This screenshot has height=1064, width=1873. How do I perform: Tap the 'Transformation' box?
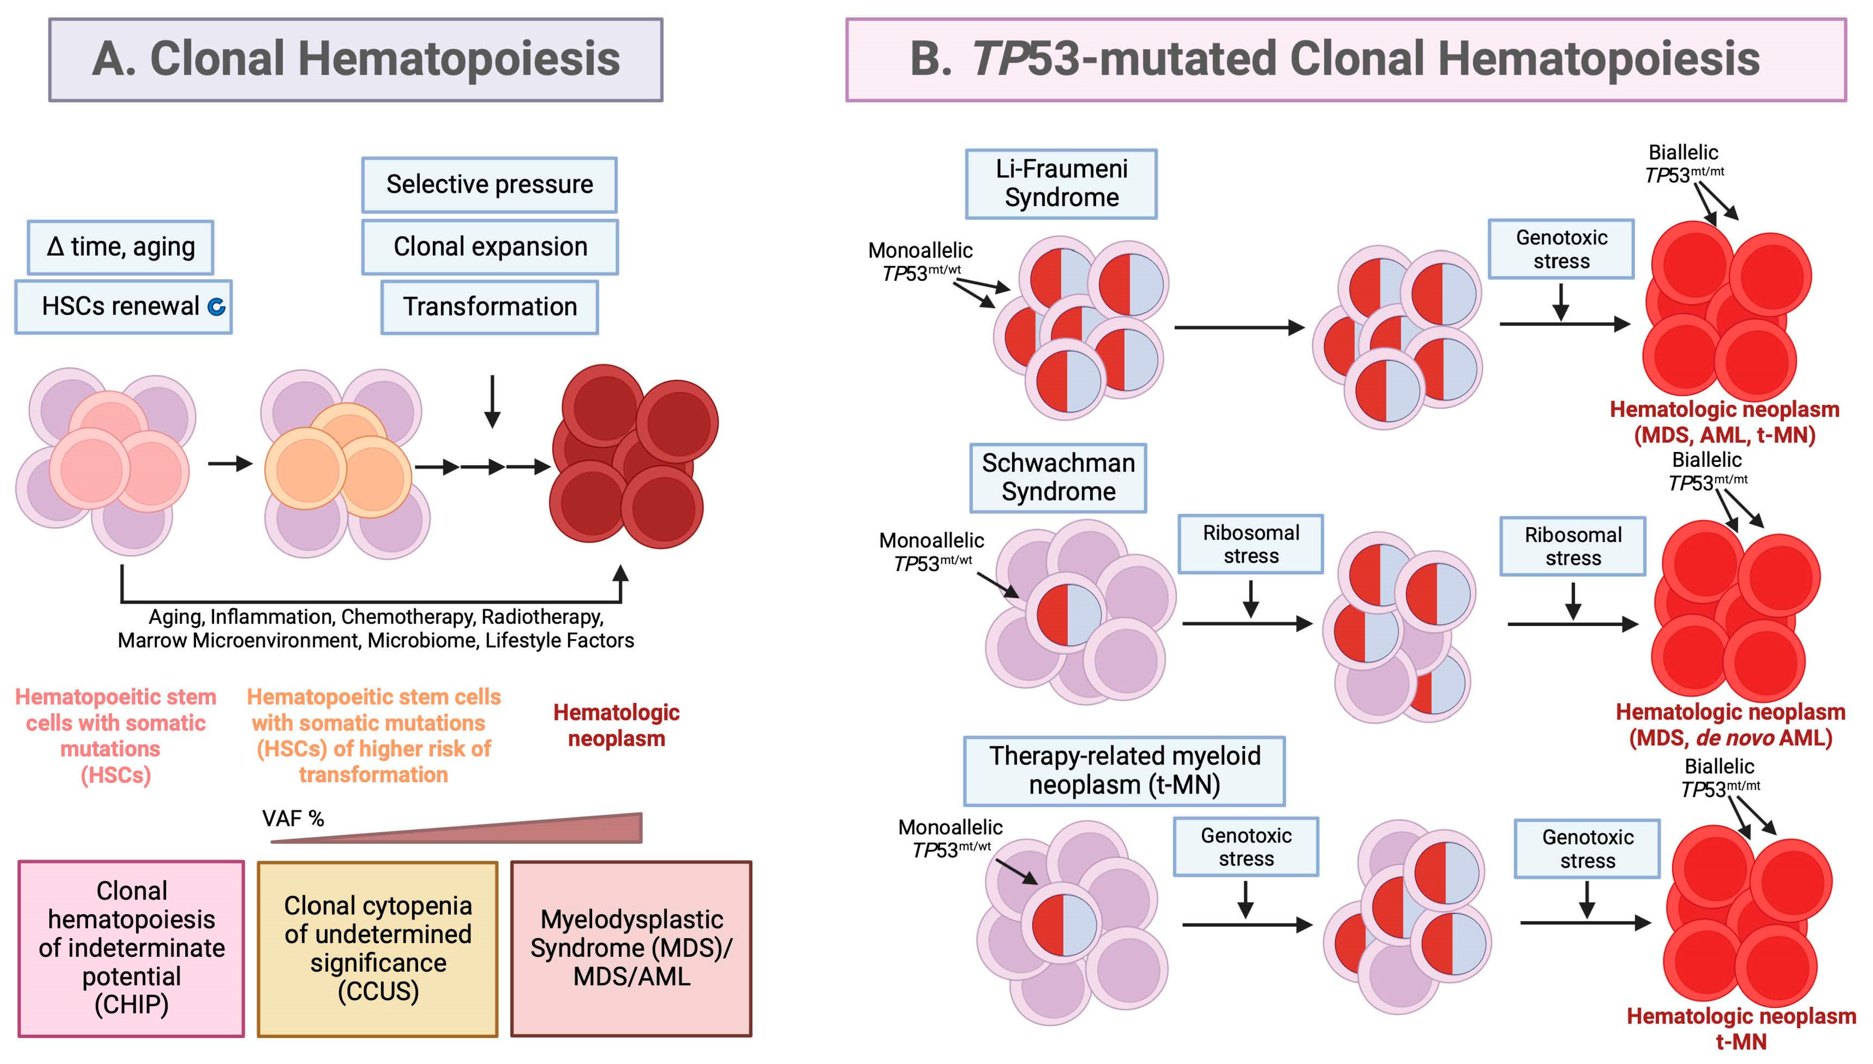click(x=489, y=307)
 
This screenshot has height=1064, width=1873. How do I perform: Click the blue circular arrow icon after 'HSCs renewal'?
click(x=216, y=307)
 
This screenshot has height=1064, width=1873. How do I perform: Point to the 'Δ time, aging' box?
click(x=120, y=247)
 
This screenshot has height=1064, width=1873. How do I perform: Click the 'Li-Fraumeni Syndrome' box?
click(x=1061, y=184)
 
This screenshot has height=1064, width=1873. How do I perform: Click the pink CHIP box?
click(x=132, y=948)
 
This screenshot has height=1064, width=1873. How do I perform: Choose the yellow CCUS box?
click(x=377, y=948)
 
